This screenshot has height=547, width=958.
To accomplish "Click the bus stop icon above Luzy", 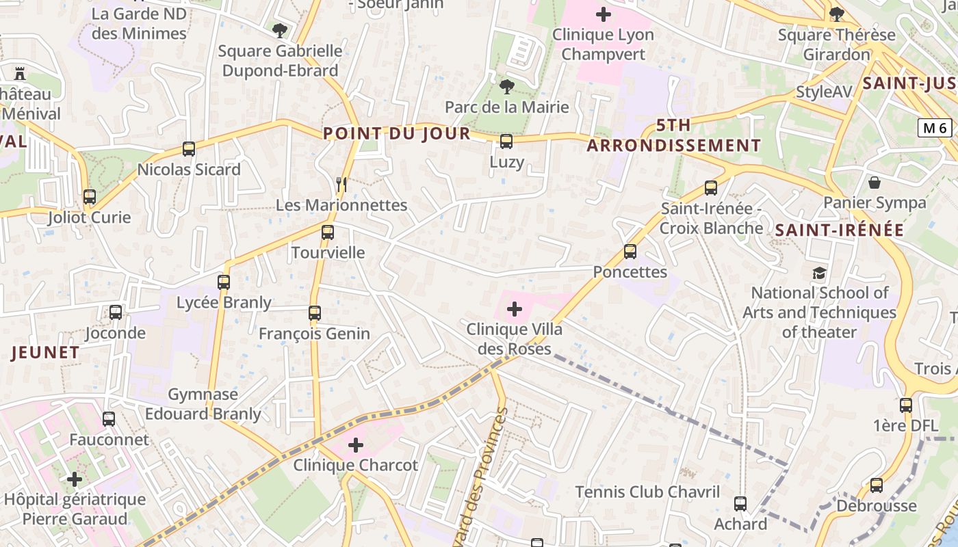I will click(x=506, y=142).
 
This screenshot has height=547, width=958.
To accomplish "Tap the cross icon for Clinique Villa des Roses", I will click(x=515, y=309).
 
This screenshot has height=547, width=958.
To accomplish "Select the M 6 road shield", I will click(x=935, y=128).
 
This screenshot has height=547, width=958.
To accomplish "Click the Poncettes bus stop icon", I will click(x=630, y=252).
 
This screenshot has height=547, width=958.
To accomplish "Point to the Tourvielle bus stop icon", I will click(x=328, y=232).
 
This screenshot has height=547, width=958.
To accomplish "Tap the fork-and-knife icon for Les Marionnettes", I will click(x=342, y=185).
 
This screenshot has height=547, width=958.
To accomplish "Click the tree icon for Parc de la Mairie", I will click(x=506, y=87).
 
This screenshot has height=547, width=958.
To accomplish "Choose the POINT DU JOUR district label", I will click(x=397, y=133).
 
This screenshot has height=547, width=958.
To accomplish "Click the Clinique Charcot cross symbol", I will click(x=356, y=445).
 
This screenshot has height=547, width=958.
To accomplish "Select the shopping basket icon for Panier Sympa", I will click(x=875, y=183).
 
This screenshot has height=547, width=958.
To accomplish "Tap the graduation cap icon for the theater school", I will click(x=819, y=273).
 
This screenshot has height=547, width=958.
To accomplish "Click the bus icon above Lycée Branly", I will click(x=224, y=282).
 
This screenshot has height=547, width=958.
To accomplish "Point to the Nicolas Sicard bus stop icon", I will click(x=189, y=149).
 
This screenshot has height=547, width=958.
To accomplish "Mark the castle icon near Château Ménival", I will click(x=20, y=73).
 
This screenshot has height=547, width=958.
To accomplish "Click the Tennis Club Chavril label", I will click(x=647, y=492).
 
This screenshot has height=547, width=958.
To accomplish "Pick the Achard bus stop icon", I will click(x=740, y=504).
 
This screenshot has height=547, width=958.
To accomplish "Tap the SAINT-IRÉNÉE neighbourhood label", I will click(x=840, y=230).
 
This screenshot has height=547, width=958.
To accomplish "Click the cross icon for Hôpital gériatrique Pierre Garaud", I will click(x=75, y=479).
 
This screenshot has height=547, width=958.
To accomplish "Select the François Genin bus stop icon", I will click(x=315, y=313).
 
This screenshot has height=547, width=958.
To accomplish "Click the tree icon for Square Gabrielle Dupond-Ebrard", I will click(x=279, y=30).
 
